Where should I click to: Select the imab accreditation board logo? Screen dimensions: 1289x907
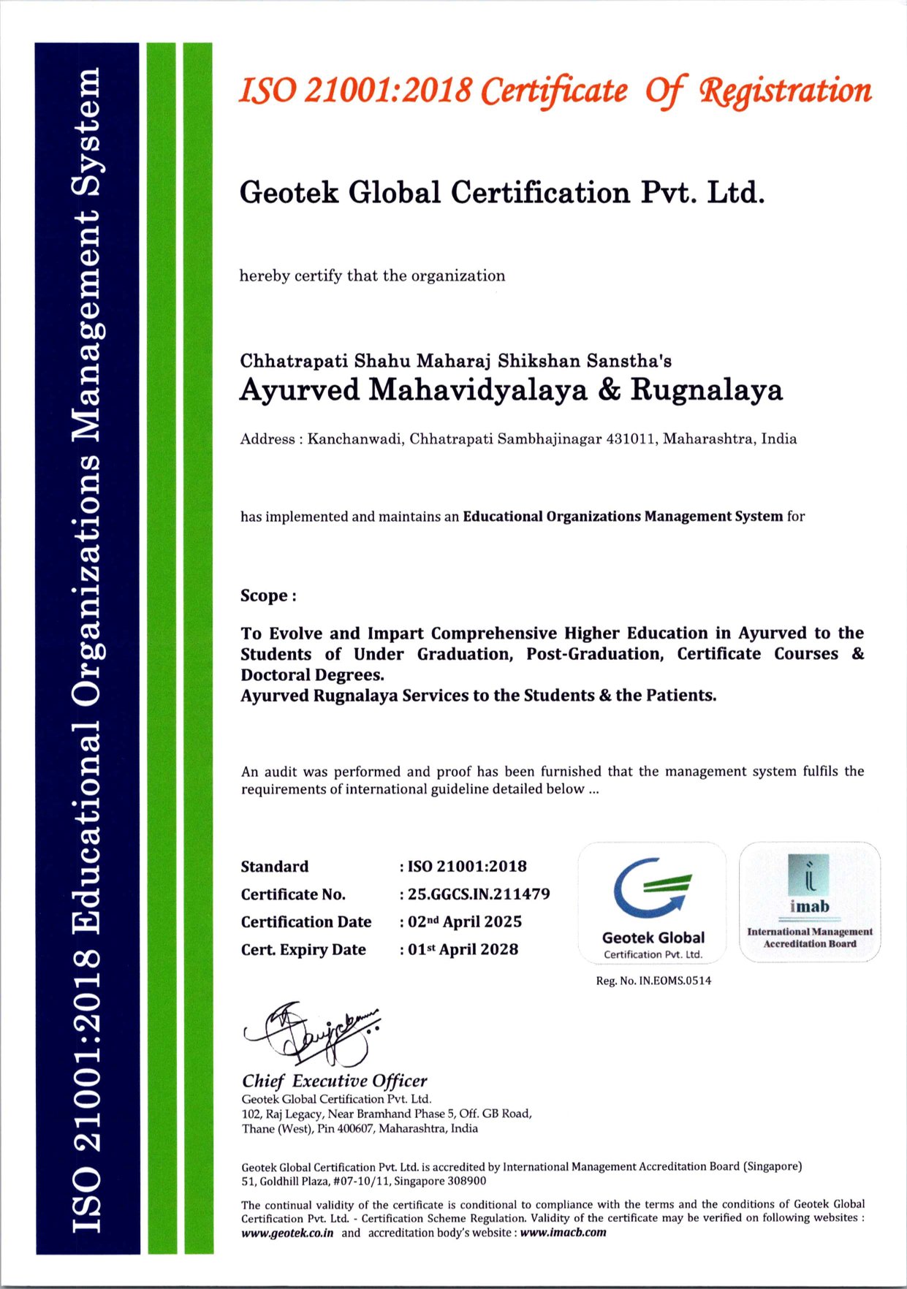tap(809, 901)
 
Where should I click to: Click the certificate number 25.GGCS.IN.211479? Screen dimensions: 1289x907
tap(479, 894)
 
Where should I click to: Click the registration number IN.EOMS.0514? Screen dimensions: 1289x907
tap(675, 981)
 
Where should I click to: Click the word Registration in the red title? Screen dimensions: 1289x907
tap(786, 91)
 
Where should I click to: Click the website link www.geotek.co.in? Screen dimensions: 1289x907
tap(287, 1233)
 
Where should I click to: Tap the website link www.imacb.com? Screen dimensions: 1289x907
tap(563, 1233)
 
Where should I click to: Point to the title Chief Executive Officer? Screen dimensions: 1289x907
tap(335, 1081)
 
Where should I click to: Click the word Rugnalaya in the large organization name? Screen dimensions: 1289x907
tap(706, 389)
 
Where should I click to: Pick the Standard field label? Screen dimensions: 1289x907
tap(275, 867)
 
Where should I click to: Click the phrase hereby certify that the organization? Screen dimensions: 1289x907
tap(372, 275)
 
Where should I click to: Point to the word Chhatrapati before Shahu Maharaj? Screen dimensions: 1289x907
tap(295, 361)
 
